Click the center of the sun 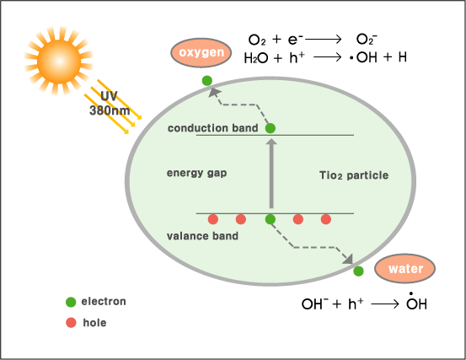59,62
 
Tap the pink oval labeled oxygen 201,52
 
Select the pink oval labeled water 405,269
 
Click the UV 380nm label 110,103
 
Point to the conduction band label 213,128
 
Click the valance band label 203,236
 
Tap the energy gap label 196,173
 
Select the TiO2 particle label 354,175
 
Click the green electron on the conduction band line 270,128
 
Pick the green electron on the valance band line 270,219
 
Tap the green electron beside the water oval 358,271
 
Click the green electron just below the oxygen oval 207,81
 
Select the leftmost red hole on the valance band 213,219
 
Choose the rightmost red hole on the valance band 326,219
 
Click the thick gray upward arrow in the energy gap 271,174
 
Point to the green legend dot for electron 71,302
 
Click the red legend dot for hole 71,323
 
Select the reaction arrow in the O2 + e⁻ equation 324,39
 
